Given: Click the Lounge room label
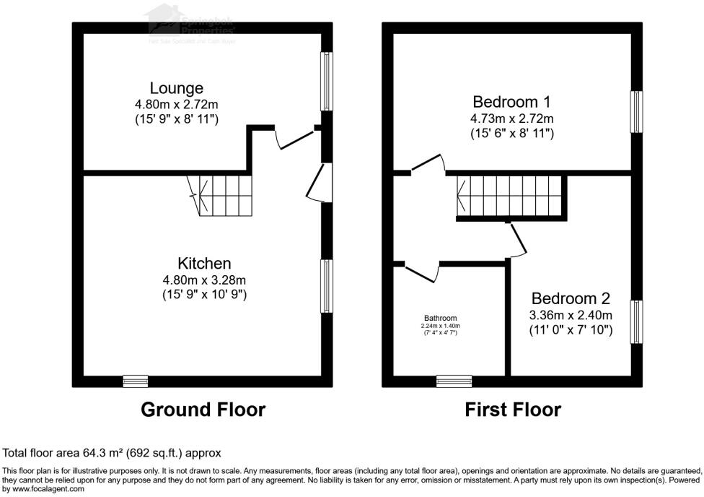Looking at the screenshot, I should pyautogui.click(x=177, y=89).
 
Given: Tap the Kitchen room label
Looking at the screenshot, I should pyautogui.click(x=205, y=263).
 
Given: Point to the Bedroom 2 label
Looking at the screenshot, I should pyautogui.click(x=571, y=298).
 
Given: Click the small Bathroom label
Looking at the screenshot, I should pyautogui.click(x=440, y=318).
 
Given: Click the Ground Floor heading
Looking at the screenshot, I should pyautogui.click(x=203, y=410).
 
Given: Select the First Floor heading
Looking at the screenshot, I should pyautogui.click(x=513, y=410).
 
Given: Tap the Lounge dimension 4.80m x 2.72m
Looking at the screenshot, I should pyautogui.click(x=177, y=105).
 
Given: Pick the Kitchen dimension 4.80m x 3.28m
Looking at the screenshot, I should pyautogui.click(x=205, y=280).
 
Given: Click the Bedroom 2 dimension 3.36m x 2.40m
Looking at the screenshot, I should pyautogui.click(x=571, y=315).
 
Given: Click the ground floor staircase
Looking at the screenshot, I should pyautogui.click(x=221, y=195).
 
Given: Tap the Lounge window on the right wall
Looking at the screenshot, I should pyautogui.click(x=327, y=80).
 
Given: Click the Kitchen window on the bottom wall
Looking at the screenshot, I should pyautogui.click(x=135, y=381).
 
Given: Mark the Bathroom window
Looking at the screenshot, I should pyautogui.click(x=454, y=381).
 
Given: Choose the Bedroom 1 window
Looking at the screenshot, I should pyautogui.click(x=636, y=112).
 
